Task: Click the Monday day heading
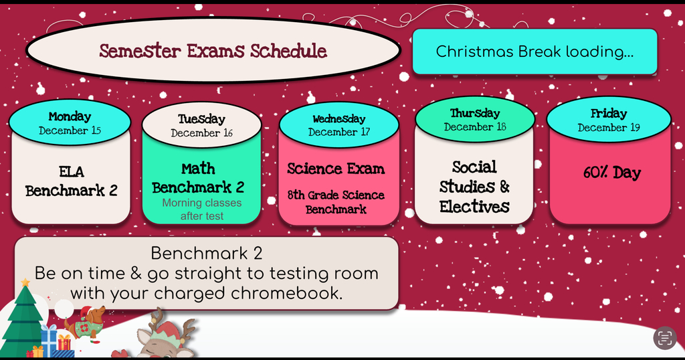[x=70, y=116]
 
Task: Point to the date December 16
[x=201, y=132]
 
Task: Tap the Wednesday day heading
[x=338, y=119]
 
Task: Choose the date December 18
[x=474, y=126]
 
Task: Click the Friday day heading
[x=608, y=114]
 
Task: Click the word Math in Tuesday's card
[x=198, y=169]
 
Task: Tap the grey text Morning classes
[x=201, y=203]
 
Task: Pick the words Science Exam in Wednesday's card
[x=336, y=169]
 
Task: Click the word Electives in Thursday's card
[x=474, y=206]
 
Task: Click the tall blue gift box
[x=48, y=339]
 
